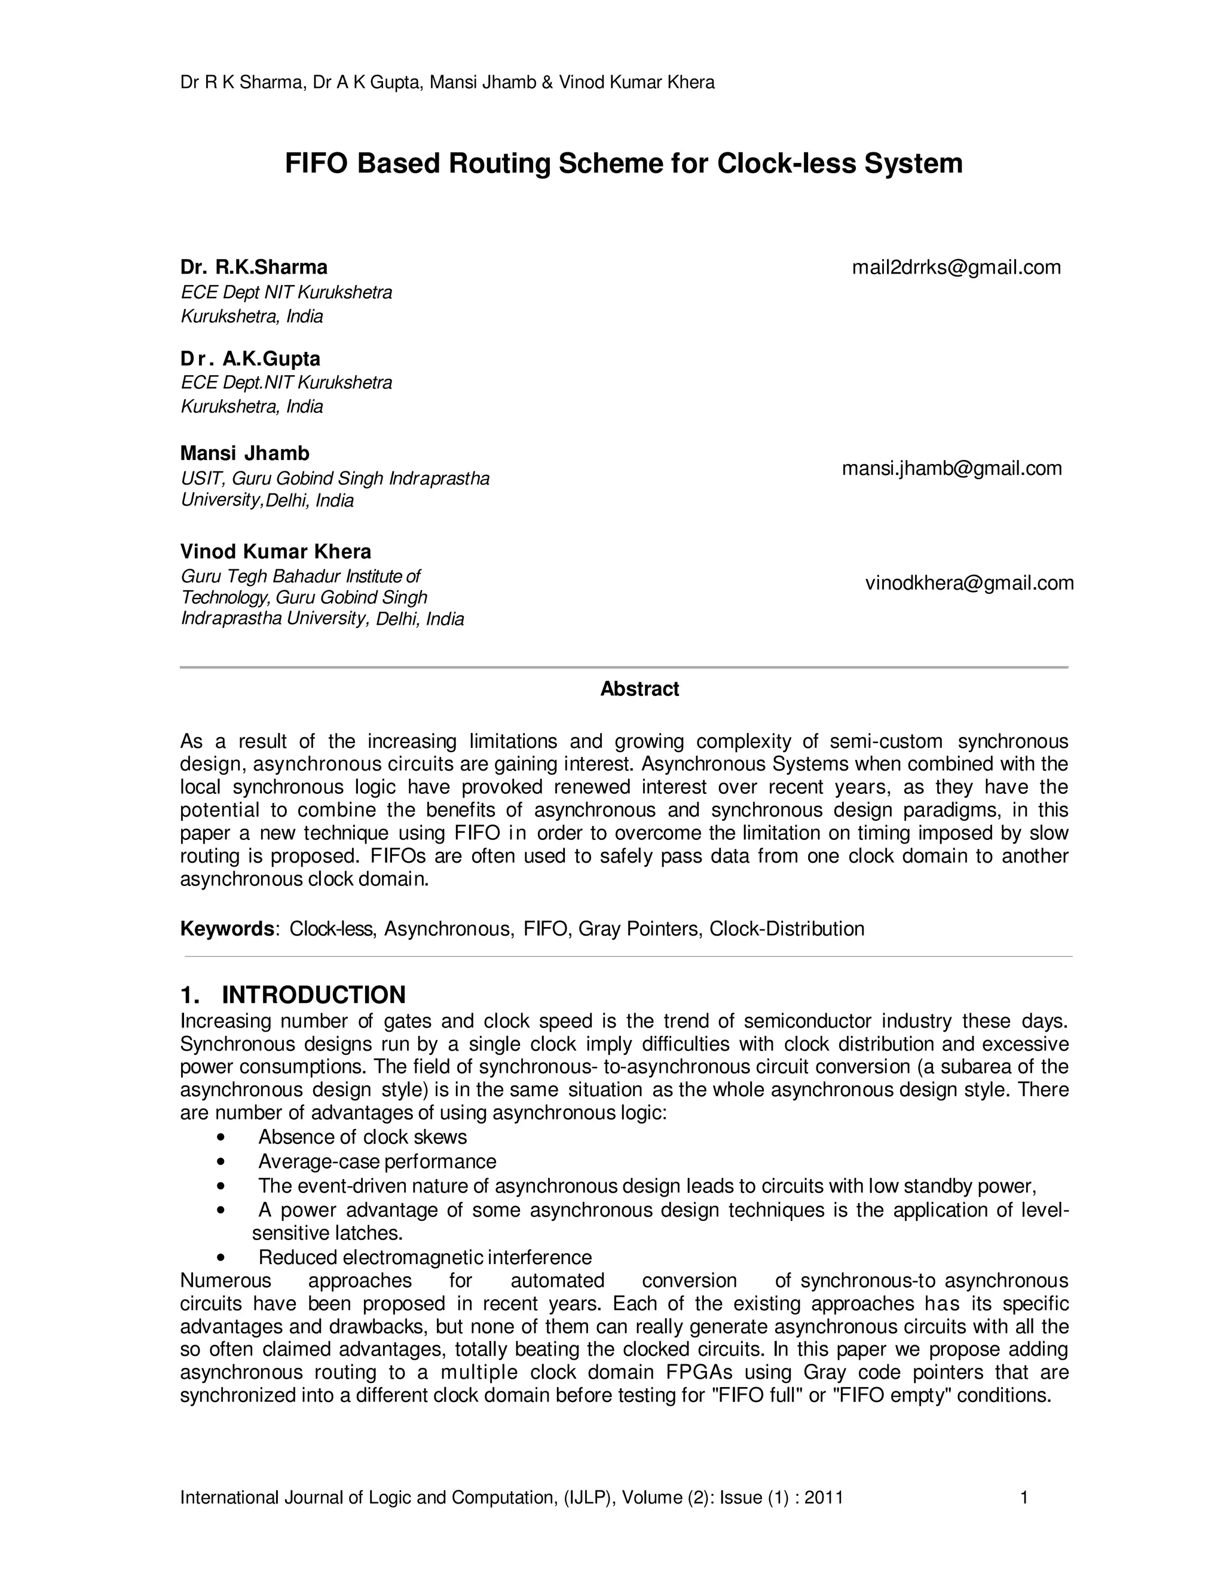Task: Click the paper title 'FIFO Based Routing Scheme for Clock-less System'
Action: (x=623, y=164)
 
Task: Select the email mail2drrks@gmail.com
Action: (x=956, y=268)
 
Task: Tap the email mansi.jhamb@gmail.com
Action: (x=951, y=468)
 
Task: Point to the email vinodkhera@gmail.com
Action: (x=969, y=583)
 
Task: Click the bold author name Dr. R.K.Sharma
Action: (x=254, y=268)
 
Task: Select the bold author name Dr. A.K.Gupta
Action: (x=250, y=359)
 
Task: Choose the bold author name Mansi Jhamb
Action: (x=244, y=454)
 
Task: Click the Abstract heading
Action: (x=639, y=689)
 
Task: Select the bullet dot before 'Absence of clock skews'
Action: (x=221, y=1137)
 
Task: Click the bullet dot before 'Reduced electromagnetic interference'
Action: (x=221, y=1257)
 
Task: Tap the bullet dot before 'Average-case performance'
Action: (x=221, y=1162)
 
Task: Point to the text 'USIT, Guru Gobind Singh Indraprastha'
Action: (x=335, y=478)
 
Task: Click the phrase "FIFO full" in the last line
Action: (x=759, y=1395)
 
